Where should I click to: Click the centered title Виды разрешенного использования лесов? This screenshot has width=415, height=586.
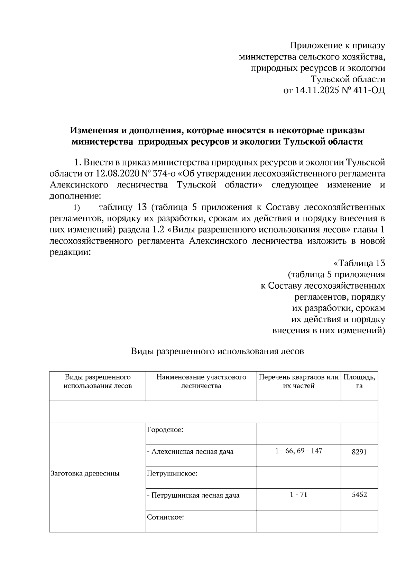(217, 352)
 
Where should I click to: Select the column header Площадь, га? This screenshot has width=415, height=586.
(359, 382)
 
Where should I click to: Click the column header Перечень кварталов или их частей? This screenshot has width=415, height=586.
(298, 382)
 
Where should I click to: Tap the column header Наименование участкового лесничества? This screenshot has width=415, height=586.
(201, 382)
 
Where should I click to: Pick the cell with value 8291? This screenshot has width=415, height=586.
(359, 452)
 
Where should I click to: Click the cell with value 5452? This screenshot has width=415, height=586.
(359, 494)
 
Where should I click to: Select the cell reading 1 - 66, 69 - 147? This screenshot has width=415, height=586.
(298, 451)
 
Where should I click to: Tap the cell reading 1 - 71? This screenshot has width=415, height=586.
(298, 494)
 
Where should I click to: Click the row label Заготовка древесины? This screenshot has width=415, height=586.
(85, 473)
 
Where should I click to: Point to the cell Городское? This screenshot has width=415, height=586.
(165, 430)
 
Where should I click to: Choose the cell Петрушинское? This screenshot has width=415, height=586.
(172, 473)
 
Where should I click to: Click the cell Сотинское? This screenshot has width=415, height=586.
(165, 517)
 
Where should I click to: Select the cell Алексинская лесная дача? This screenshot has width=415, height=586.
(192, 452)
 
